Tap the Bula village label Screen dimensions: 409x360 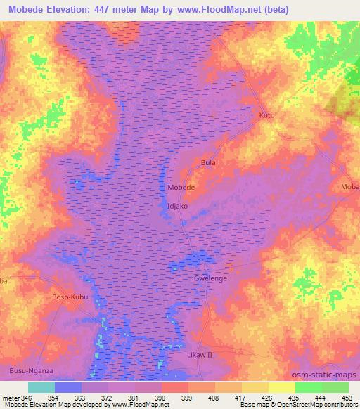coord(207,163)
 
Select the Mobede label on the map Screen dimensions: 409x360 coord(181,188)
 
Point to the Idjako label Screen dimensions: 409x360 coord(179,207)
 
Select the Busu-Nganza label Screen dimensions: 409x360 coord(31,370)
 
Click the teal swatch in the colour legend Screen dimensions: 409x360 coord(41,387)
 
